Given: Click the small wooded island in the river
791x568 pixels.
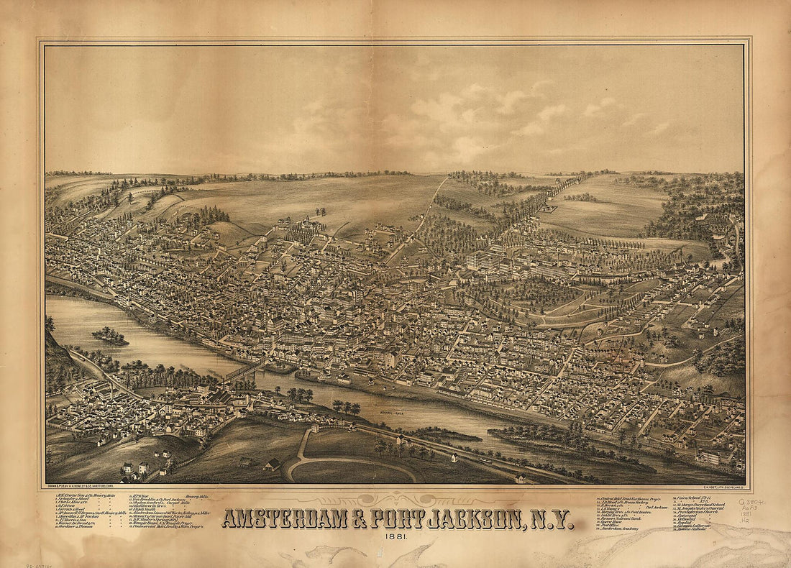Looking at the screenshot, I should coord(110,336).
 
